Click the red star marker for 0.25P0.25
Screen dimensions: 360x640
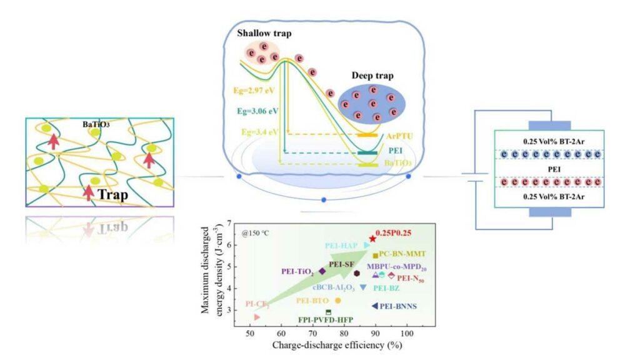tap(372, 239)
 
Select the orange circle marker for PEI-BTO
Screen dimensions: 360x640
tap(338, 301)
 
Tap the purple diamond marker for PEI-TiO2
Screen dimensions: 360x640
tap(322, 271)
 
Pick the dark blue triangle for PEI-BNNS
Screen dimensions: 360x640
tap(374, 306)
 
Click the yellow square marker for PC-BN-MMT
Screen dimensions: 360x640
tap(375, 256)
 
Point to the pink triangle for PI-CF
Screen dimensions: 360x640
tap(257, 317)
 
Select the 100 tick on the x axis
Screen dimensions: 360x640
tap(407, 334)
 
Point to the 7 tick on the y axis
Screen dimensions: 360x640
tap(230, 223)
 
